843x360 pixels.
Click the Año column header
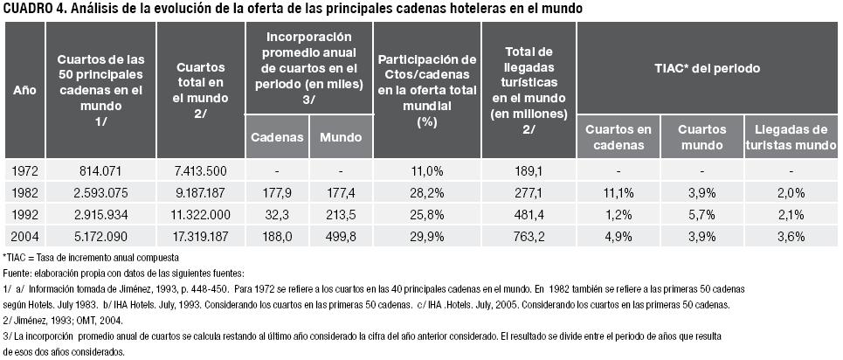[x=24, y=90]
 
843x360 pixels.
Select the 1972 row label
[x=24, y=171]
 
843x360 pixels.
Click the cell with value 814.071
[x=100, y=171]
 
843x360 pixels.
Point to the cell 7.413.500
[x=200, y=171]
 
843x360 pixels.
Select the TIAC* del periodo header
[x=707, y=67]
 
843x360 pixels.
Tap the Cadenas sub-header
[x=277, y=137]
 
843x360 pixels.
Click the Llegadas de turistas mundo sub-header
[x=791, y=136]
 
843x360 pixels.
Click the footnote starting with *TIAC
[x=92, y=258]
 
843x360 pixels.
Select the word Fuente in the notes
[x=18, y=273]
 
